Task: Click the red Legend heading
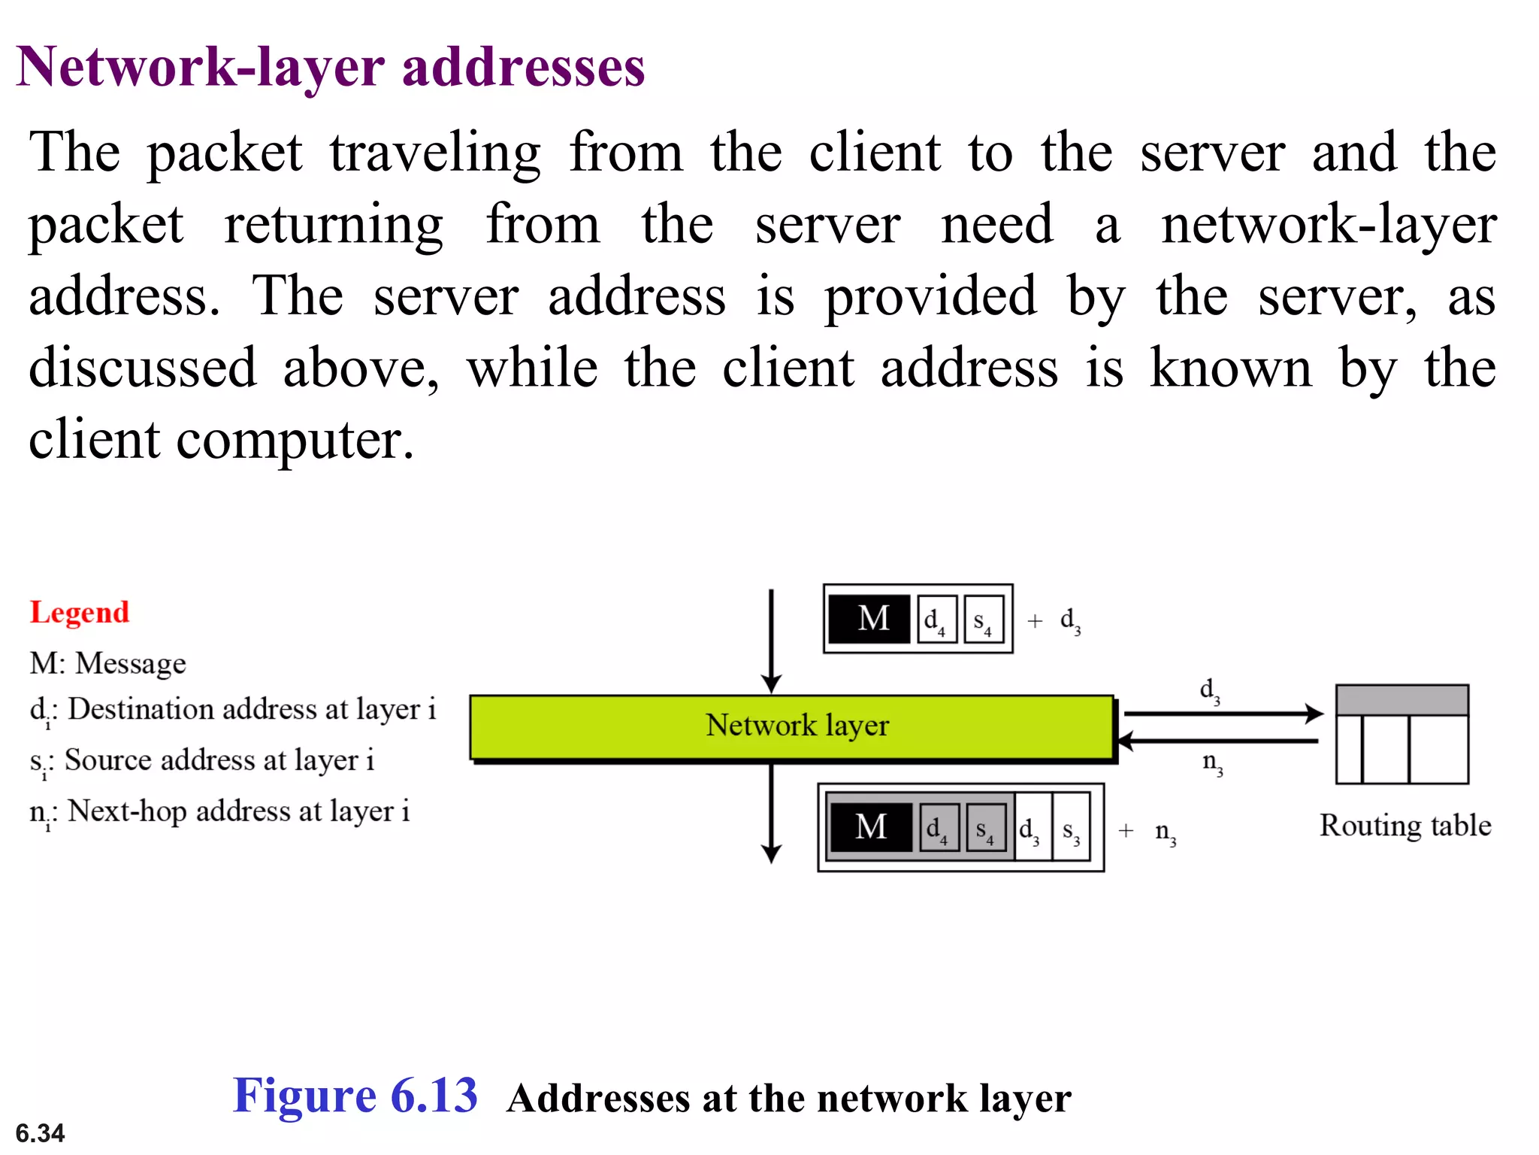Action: pos(80,613)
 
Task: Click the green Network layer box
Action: pos(792,726)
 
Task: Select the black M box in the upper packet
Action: pos(870,619)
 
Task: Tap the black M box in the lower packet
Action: pos(870,827)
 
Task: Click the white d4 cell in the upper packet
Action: pos(936,620)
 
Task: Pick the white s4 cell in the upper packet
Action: pos(984,620)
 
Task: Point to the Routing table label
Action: pos(1404,826)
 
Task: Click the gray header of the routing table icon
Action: pos(1401,700)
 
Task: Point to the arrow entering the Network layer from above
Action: pos(771,639)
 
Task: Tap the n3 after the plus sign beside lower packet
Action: pos(1166,832)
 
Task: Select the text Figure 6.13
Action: pos(355,1096)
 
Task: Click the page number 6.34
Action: pos(40,1132)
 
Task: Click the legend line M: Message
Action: pos(107,663)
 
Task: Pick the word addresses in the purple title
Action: pos(523,68)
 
